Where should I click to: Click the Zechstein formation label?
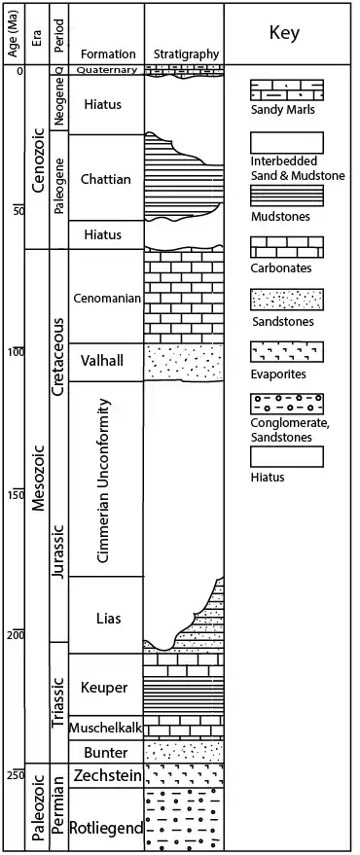[x=106, y=775]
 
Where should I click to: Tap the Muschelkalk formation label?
[x=106, y=728]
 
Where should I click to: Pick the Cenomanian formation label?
[x=106, y=299]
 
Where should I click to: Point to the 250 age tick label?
[x=16, y=775]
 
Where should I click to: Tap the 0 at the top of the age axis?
[x=19, y=71]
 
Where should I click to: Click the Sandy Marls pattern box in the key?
[x=286, y=89]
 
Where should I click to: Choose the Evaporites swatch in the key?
[x=286, y=352]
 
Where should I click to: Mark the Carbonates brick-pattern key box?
[x=286, y=246]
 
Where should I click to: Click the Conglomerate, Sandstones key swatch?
[x=286, y=404]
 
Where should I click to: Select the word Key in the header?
[x=284, y=34]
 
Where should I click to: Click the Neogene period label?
[x=59, y=102]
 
